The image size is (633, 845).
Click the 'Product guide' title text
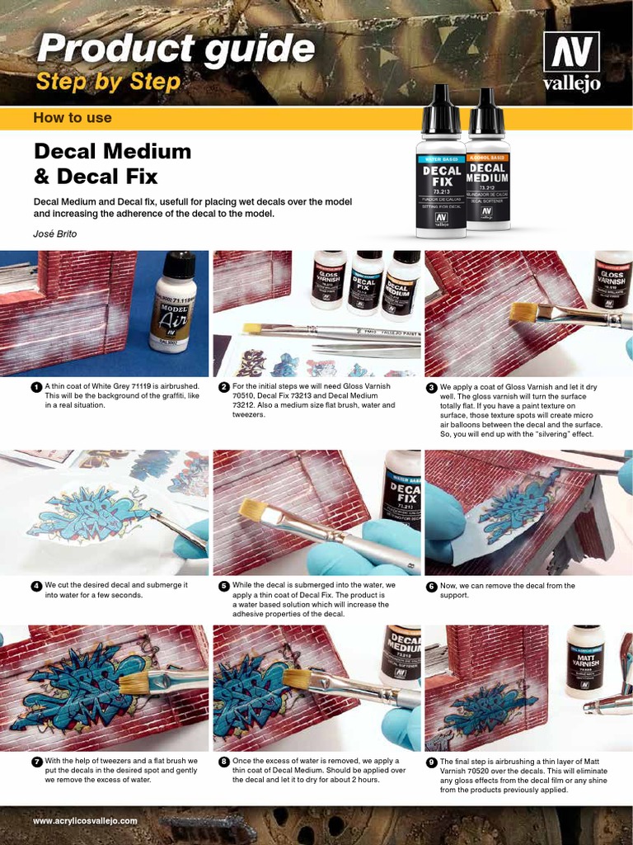point(176,50)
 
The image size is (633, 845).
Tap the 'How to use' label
point(73,118)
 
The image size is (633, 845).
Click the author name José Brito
point(55,234)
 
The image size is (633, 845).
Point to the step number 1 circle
point(36,387)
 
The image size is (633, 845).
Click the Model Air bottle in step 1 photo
point(173,300)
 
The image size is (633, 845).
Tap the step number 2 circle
point(224,387)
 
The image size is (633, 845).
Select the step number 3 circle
point(431,387)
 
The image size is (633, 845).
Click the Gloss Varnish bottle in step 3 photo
point(612,281)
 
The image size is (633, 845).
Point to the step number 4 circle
point(36,586)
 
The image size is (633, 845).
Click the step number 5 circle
point(224,586)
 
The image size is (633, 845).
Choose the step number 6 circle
point(431,587)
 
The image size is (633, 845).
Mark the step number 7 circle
point(36,762)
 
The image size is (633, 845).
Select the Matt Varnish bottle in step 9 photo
point(585,661)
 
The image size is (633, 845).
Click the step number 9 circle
point(431,762)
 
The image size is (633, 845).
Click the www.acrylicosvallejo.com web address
point(85,821)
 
